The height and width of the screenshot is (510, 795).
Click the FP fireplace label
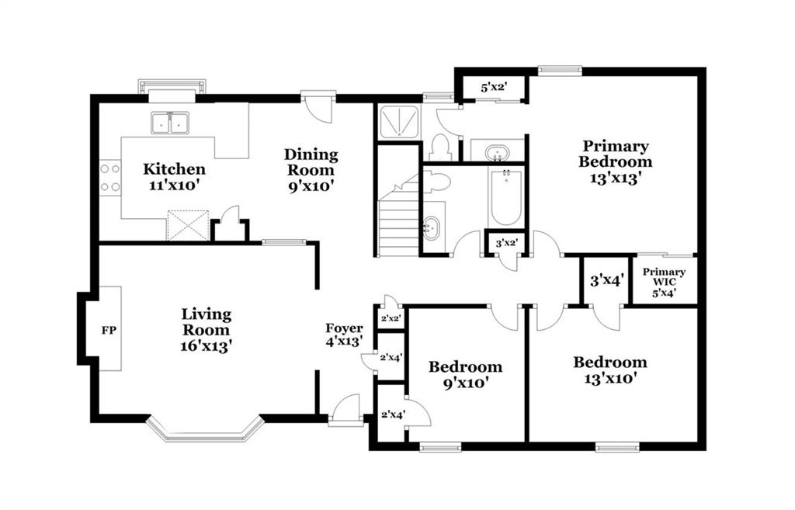tap(109, 331)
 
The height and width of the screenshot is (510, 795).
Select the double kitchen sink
tap(169, 123)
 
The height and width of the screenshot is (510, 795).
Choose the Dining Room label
tap(311, 161)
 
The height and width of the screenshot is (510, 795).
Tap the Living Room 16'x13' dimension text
tap(207, 345)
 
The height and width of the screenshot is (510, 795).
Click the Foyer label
tap(344, 328)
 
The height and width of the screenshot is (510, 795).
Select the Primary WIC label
tap(665, 277)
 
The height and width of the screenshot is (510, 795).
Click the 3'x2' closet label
tap(506, 243)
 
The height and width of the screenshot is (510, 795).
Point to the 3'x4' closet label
tap(607, 280)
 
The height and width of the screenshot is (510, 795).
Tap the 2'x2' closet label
tap(391, 319)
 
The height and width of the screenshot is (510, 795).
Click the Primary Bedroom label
tap(616, 154)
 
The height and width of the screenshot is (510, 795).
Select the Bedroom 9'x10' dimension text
tap(466, 383)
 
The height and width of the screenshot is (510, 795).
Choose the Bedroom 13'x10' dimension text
tap(610, 378)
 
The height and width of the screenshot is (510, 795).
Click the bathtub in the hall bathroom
tap(505, 197)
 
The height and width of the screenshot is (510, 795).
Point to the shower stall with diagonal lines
tap(400, 122)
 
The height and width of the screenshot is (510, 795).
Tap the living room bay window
tap(205, 429)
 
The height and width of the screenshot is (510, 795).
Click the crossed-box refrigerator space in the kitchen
tap(188, 226)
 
